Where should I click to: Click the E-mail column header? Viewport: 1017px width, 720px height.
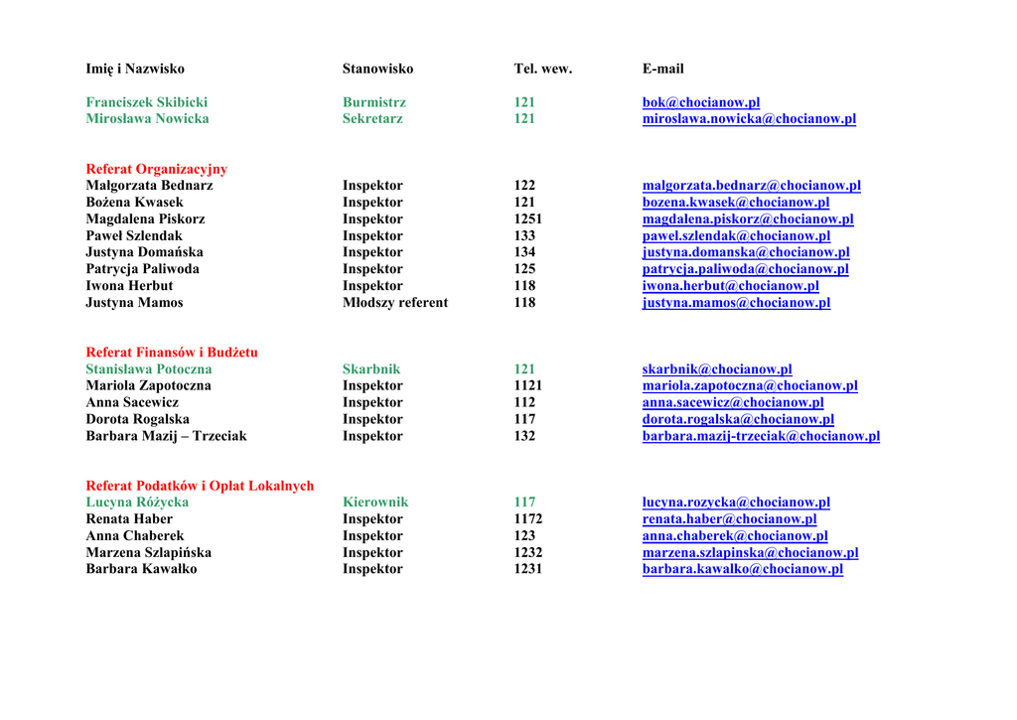662,69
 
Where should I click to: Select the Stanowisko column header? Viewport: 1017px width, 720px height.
377,69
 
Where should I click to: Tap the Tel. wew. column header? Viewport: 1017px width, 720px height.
542,69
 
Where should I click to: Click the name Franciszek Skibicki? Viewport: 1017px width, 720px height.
146,102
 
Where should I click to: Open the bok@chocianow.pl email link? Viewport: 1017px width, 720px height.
700,102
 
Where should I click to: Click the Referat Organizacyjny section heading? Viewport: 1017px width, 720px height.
156,169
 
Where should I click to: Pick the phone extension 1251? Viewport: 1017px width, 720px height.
527,219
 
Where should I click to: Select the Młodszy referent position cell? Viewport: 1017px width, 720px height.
394,303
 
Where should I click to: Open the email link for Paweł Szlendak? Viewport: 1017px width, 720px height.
736,236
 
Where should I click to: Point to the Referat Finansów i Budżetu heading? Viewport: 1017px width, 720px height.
171,353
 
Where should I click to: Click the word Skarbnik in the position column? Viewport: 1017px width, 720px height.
371,369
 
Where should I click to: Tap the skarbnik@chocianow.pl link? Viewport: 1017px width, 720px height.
716,369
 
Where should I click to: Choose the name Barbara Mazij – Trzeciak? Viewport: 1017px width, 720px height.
166,436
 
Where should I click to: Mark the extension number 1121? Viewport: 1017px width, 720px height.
527,386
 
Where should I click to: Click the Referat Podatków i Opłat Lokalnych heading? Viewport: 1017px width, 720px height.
200,486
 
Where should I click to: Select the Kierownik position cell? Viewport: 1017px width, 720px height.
374,503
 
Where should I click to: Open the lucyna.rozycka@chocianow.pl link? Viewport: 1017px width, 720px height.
736,503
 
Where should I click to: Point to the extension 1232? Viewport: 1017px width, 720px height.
527,553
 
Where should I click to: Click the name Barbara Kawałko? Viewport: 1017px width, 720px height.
141,569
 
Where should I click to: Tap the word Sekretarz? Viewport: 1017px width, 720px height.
372,119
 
